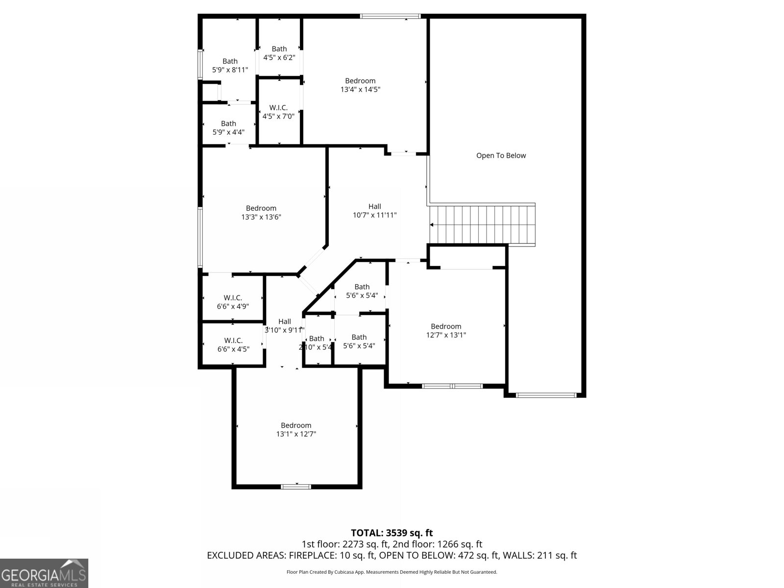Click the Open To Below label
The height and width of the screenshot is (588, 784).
tap(501, 155)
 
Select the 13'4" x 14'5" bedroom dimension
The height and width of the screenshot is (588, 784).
tap(360, 90)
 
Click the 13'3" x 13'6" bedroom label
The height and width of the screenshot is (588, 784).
tap(261, 213)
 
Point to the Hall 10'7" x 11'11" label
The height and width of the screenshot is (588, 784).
tap(374, 211)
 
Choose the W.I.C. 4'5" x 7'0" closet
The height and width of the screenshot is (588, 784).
tap(278, 112)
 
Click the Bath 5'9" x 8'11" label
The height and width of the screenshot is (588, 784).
tap(230, 66)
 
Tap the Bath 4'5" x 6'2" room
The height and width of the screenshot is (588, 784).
tap(279, 53)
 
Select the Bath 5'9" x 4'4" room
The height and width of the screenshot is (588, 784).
tap(228, 127)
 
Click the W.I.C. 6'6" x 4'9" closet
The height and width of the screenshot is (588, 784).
tap(233, 302)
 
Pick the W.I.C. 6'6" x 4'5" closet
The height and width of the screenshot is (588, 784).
tap(233, 344)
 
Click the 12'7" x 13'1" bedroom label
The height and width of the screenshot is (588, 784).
tap(446, 331)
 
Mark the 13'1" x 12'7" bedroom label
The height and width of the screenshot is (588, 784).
tap(296, 430)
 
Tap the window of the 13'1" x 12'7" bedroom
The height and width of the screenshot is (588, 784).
tap(296, 487)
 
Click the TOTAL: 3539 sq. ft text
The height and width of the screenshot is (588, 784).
tap(392, 533)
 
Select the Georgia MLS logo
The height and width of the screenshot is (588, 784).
tap(44, 573)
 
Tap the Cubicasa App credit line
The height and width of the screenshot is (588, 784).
tap(392, 572)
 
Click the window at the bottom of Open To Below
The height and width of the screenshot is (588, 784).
tap(546, 394)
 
